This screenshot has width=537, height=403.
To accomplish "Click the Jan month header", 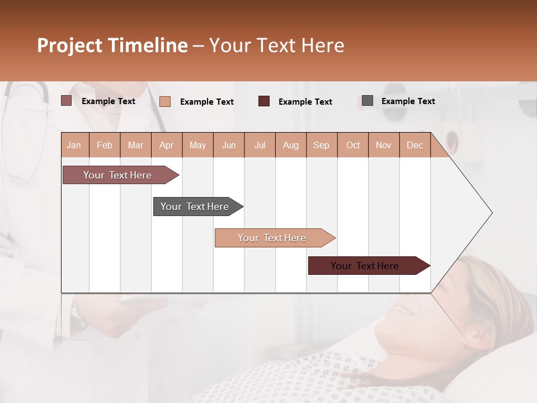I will click(x=74, y=146).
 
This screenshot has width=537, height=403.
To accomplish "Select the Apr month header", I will click(x=166, y=146).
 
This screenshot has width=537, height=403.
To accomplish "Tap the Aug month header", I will click(x=290, y=146).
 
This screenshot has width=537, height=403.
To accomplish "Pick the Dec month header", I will click(x=414, y=146).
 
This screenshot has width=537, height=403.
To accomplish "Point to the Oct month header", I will click(x=352, y=146).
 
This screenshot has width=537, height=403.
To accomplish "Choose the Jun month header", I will click(x=228, y=146).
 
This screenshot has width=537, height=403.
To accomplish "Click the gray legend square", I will click(x=368, y=101).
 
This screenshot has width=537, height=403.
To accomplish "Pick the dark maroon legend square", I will click(x=264, y=101).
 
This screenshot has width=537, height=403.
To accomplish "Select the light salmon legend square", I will click(x=165, y=101).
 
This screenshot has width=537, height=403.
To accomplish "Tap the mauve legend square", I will click(x=67, y=101).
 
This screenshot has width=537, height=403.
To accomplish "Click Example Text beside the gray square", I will click(x=408, y=101).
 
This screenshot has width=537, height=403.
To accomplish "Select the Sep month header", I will click(x=321, y=146).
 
